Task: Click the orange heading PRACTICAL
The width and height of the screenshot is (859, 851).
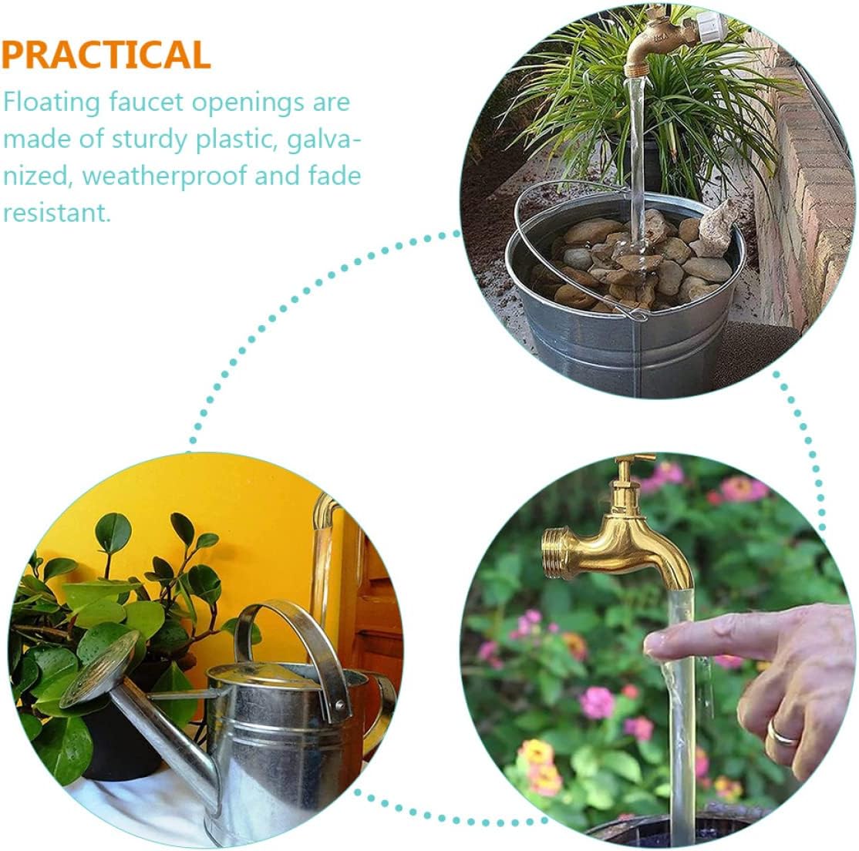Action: point(106,54)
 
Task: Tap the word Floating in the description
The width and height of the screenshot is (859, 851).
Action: point(52,103)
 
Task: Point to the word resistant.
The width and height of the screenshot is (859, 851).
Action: point(56,213)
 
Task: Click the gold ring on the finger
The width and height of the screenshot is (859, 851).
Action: point(782,731)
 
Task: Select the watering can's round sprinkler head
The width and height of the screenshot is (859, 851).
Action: point(99,669)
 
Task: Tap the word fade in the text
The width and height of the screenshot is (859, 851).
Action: point(334,177)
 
